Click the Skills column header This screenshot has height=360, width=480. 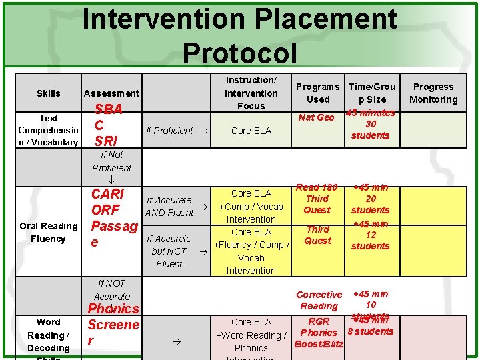(48, 93)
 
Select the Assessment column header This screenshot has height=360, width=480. (111, 93)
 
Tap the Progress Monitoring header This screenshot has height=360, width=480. (433, 93)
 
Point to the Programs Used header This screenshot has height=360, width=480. (317, 93)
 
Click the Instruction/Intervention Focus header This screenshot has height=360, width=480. (251, 93)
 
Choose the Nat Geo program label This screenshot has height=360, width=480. (316, 117)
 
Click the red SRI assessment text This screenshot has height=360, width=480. (107, 141)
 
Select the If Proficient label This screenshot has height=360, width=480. (169, 131)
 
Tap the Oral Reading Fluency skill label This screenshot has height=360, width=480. (48, 232)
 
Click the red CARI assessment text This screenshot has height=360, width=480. (107, 194)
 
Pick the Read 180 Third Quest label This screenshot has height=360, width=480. (317, 199)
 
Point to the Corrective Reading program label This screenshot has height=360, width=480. (319, 300)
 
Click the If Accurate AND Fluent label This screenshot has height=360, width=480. (169, 206)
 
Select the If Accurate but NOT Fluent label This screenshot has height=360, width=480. (169, 251)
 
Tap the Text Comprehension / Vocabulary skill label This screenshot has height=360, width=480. (48, 130)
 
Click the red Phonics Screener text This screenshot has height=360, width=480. (113, 325)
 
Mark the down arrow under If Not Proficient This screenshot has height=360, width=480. (111, 180)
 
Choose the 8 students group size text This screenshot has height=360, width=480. (371, 331)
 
